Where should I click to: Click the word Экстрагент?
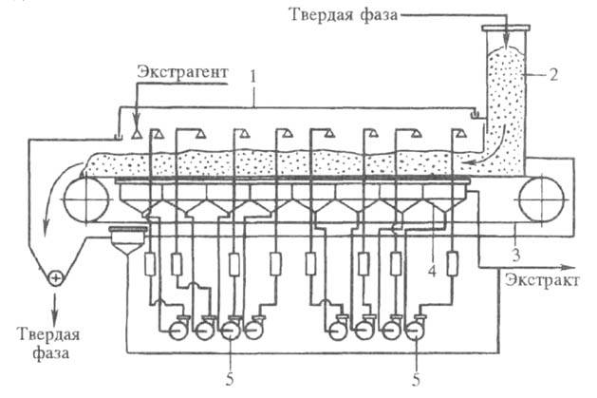point(180,72)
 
